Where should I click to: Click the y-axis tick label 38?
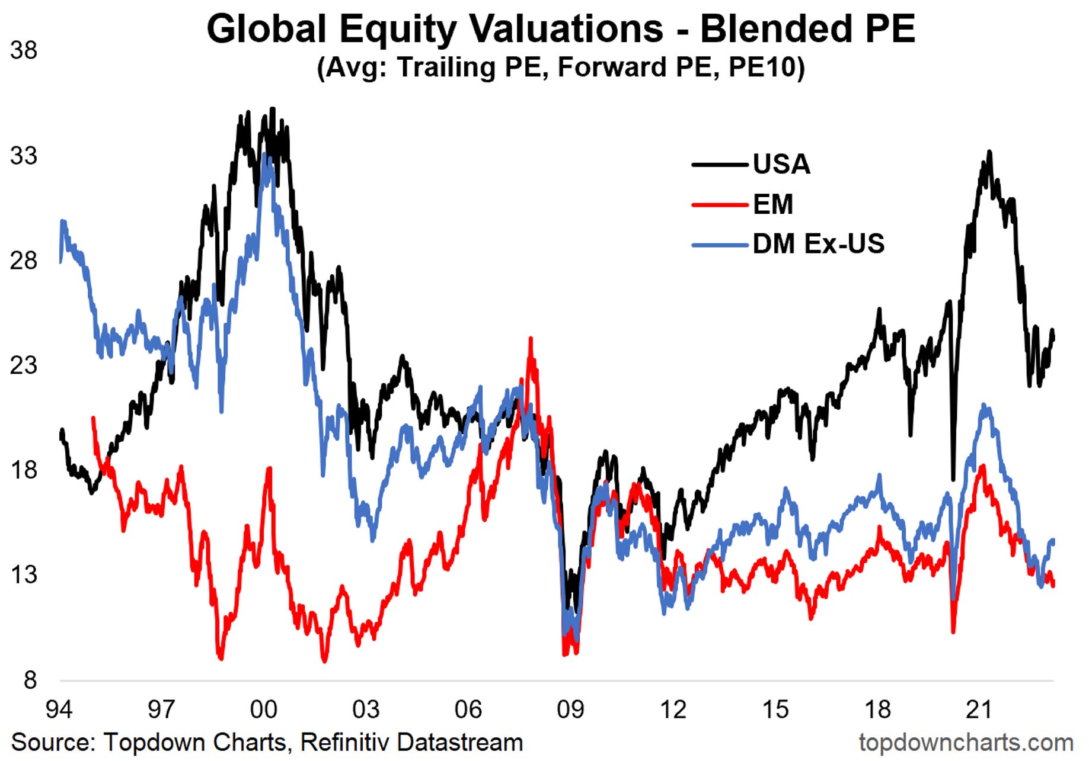point(24,50)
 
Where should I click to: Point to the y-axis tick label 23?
point(24,365)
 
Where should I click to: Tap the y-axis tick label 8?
point(30,680)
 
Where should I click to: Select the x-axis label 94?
point(59,709)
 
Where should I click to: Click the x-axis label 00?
point(263,709)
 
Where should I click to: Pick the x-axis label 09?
point(570,709)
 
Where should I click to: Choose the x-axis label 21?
point(979,709)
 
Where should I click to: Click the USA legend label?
point(781,164)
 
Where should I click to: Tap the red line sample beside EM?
point(720,205)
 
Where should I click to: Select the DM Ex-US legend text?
point(818,244)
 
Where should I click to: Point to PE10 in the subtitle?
point(765,67)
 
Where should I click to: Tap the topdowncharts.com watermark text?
point(966,742)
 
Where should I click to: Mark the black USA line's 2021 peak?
point(989,152)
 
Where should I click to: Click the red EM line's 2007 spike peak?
point(531,339)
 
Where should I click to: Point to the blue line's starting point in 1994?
point(60,261)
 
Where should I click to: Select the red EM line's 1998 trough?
point(221,658)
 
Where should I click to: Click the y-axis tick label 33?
point(24,156)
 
